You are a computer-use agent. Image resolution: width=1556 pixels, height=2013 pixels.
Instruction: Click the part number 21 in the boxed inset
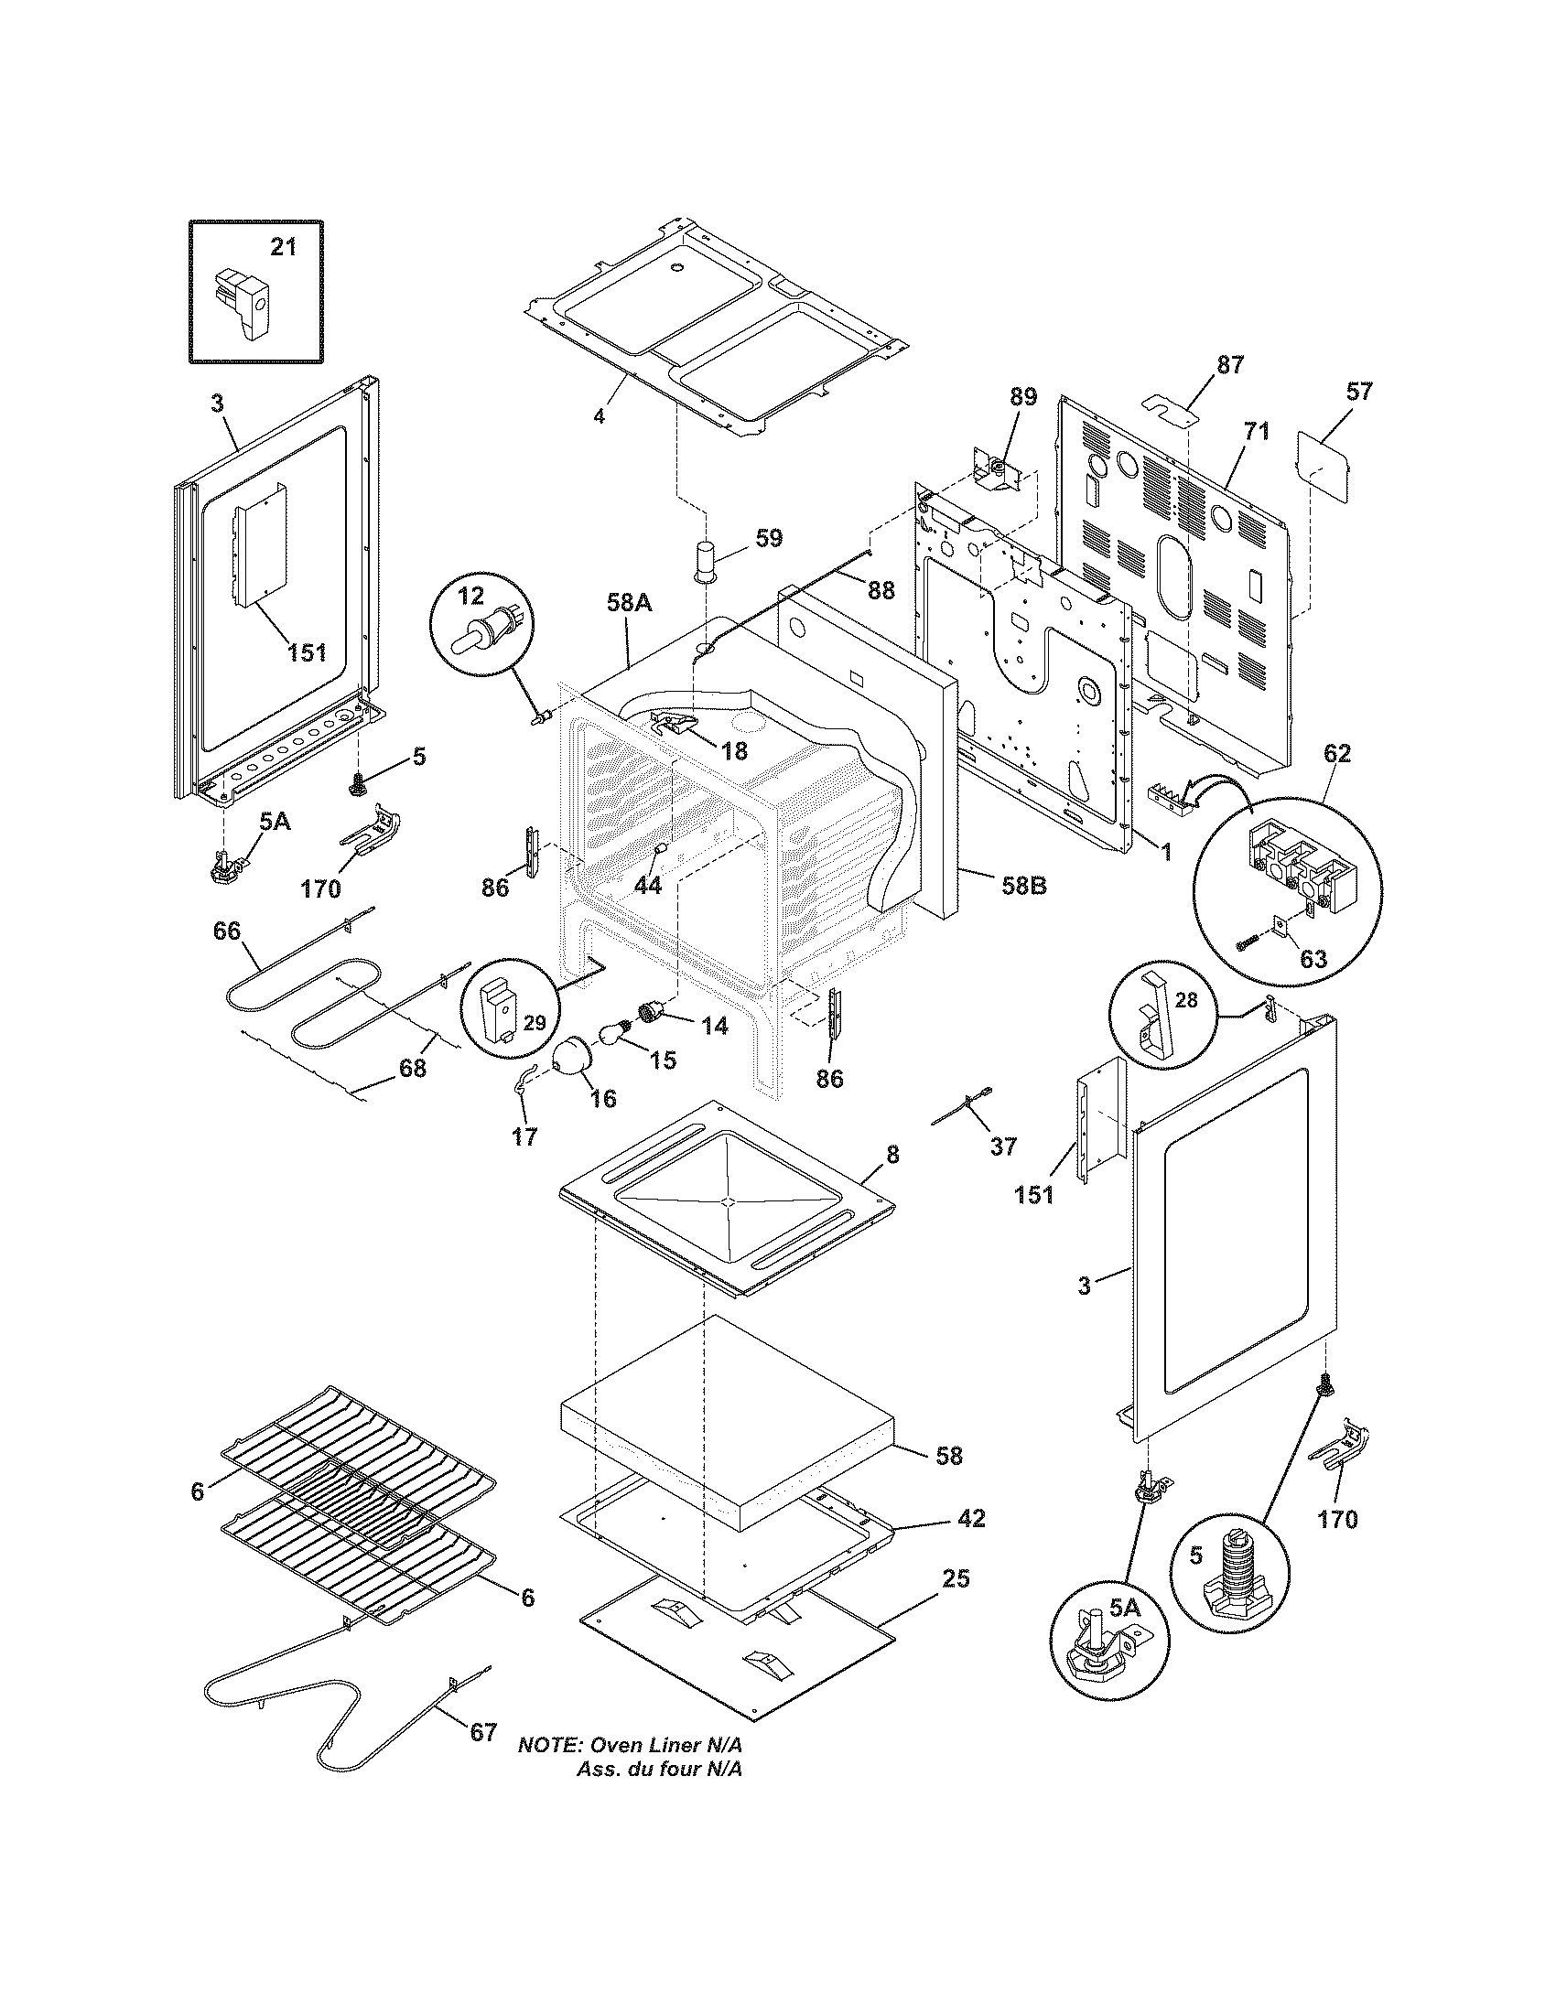tap(284, 247)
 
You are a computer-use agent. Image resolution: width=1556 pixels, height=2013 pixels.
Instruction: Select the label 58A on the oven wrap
tap(630, 604)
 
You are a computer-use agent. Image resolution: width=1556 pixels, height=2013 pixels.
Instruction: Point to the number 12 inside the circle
tap(470, 596)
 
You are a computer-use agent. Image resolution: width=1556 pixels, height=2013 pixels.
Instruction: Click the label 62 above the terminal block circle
tap(1336, 753)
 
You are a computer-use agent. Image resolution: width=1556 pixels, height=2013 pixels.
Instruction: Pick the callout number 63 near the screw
tap(1313, 959)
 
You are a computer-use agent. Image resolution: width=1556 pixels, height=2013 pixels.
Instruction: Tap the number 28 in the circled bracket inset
tap(1186, 1000)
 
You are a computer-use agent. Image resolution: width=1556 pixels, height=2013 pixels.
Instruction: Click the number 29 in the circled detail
tap(535, 1022)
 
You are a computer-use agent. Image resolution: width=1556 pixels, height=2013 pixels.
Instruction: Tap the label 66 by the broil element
tap(226, 931)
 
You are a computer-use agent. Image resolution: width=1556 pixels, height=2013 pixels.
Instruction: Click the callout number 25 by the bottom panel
tap(956, 1579)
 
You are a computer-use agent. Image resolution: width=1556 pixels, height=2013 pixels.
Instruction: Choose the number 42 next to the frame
tap(971, 1518)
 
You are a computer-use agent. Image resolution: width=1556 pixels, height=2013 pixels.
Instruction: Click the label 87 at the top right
tap(1229, 364)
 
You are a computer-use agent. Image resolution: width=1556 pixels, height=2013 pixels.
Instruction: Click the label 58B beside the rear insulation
tap(1024, 886)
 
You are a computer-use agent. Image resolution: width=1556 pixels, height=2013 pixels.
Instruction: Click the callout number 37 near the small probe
tap(1002, 1146)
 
